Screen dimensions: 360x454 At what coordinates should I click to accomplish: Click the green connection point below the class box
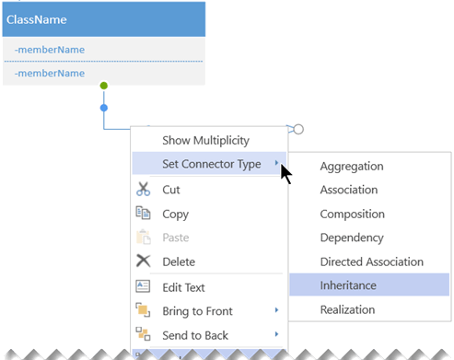(103, 86)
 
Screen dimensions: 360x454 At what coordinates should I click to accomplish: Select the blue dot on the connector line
(103, 109)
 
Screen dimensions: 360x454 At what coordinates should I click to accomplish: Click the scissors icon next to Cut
(143, 190)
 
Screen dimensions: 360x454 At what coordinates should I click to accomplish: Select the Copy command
(175, 214)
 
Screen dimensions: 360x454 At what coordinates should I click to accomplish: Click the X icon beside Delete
(143, 261)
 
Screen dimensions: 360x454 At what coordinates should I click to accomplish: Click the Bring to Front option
(196, 311)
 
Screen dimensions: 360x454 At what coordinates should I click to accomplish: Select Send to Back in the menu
(194, 335)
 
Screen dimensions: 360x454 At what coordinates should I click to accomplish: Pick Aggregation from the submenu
(351, 167)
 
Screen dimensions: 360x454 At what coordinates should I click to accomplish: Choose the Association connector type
(348, 191)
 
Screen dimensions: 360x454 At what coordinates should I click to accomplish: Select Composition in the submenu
(352, 214)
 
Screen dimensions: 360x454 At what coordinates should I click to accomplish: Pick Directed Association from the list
(371, 262)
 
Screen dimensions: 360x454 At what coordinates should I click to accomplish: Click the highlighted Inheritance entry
(348, 286)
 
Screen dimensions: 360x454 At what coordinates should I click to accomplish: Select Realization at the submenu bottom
(348, 310)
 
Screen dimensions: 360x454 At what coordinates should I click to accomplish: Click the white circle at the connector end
(298, 130)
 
